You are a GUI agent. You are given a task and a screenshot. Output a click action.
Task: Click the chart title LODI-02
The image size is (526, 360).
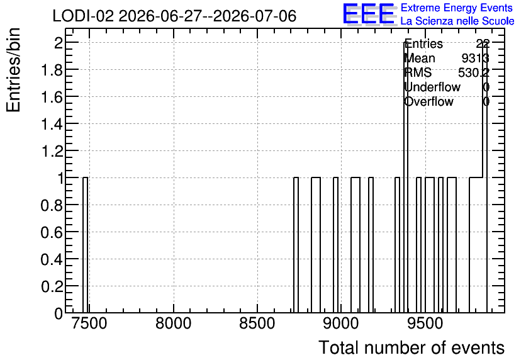[x=83, y=16]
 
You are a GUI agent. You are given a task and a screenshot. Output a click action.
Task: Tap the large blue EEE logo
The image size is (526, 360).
[x=369, y=14]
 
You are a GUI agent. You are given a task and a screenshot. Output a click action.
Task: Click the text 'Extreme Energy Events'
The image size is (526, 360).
[x=457, y=8]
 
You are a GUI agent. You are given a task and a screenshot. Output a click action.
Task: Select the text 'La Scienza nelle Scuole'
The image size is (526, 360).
[x=457, y=21]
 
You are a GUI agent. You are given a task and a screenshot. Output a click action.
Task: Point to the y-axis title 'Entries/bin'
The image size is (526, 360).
[x=14, y=70]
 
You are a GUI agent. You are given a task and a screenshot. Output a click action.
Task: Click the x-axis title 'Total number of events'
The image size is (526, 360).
[x=411, y=347]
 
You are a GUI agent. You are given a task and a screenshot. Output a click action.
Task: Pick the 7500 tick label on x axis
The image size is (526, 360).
[x=89, y=323]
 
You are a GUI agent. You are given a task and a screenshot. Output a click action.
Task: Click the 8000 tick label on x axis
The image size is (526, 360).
[x=174, y=323]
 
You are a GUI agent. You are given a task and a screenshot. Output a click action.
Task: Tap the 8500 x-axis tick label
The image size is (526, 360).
[x=257, y=323]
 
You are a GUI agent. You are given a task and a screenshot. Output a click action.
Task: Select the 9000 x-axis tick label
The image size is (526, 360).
[x=341, y=323]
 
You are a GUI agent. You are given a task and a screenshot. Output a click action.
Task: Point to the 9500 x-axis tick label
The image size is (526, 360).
[x=425, y=323]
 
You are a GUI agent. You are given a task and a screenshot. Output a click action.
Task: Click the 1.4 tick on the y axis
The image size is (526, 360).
[x=52, y=124]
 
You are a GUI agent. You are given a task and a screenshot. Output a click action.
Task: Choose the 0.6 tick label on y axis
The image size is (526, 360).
[x=52, y=232]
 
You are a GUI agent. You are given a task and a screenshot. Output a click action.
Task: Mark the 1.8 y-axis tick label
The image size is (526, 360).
[x=52, y=70]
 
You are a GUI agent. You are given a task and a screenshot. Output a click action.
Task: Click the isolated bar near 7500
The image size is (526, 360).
[x=85, y=245]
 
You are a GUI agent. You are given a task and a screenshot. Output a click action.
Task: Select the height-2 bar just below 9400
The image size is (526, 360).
[x=406, y=177]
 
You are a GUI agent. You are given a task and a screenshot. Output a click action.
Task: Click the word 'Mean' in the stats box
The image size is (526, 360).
[x=420, y=59]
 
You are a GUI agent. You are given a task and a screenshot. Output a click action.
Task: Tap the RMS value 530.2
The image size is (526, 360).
[x=473, y=72]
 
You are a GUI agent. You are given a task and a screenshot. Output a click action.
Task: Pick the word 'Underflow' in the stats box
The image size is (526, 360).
[x=432, y=87]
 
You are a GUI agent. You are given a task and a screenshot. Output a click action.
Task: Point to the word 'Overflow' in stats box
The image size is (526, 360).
[x=429, y=102]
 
